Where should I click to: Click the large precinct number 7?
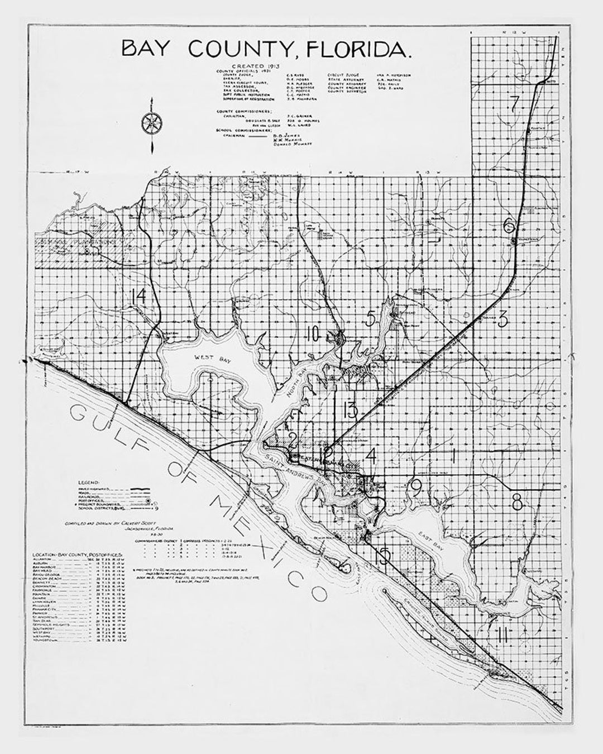pyautogui.click(x=514, y=102)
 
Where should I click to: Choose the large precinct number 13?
pyautogui.click(x=350, y=411)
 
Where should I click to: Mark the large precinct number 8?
pyautogui.click(x=517, y=502)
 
